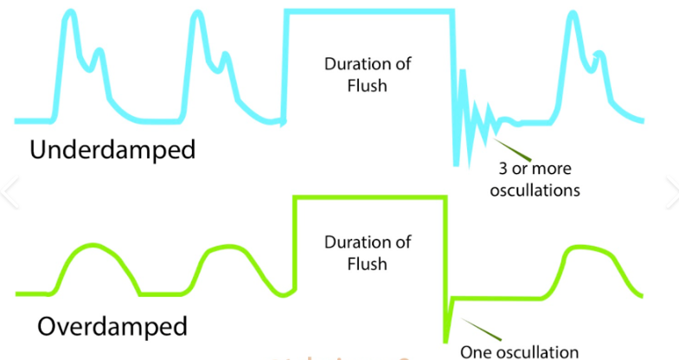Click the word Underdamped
click(112, 149)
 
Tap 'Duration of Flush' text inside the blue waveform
click(368, 74)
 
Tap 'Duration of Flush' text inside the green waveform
click(368, 253)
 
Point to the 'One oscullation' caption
click(519, 351)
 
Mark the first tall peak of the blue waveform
click(69, 17)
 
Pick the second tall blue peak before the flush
click(198, 17)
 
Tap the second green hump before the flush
click(227, 248)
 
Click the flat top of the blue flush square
click(368, 11)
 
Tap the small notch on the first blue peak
click(98, 53)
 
